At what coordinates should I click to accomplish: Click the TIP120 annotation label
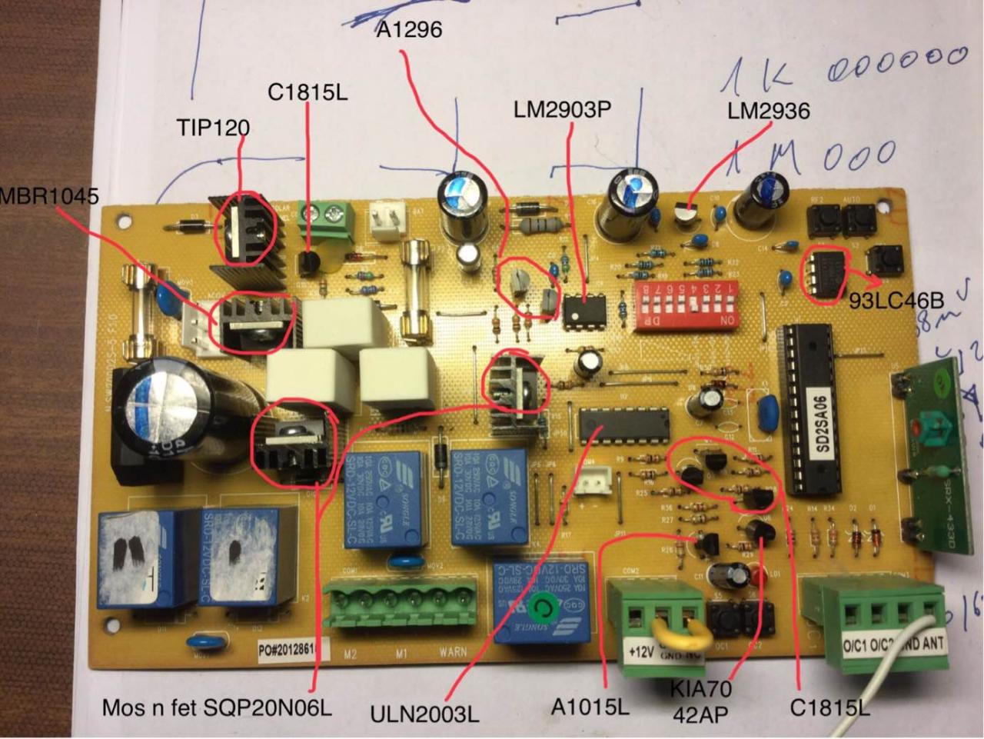(213, 127)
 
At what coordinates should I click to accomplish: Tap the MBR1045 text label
(49, 197)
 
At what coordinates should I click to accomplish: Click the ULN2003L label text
(424, 714)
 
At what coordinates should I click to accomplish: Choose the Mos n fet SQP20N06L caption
(218, 707)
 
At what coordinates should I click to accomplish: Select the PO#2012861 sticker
(289, 651)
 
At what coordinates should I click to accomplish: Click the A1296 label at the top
(409, 30)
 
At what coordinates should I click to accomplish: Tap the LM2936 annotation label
(768, 112)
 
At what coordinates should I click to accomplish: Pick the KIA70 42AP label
(700, 701)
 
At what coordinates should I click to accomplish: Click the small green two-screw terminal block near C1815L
(326, 216)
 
